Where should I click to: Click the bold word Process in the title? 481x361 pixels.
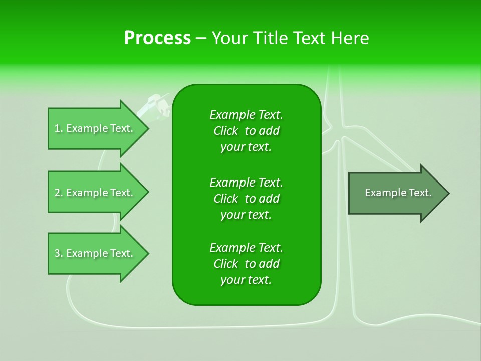(x=157, y=38)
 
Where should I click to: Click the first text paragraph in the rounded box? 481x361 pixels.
(x=246, y=131)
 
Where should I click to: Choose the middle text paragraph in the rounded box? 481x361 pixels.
(x=246, y=198)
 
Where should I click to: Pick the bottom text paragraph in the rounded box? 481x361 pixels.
(x=246, y=264)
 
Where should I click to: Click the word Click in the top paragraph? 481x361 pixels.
(x=226, y=131)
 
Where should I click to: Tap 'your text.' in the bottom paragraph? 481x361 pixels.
(x=246, y=280)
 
